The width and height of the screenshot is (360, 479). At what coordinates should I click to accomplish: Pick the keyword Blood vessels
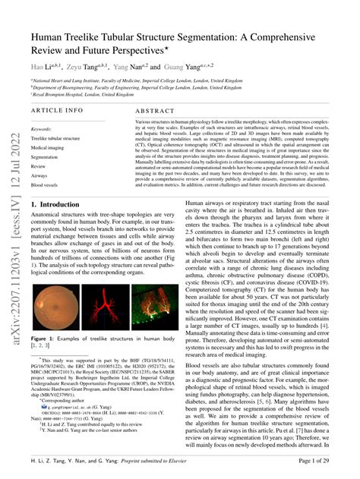coord(44,184)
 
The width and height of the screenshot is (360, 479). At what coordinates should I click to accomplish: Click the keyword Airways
coord(39,175)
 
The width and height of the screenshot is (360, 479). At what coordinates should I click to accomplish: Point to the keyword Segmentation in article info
coord(44,157)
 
